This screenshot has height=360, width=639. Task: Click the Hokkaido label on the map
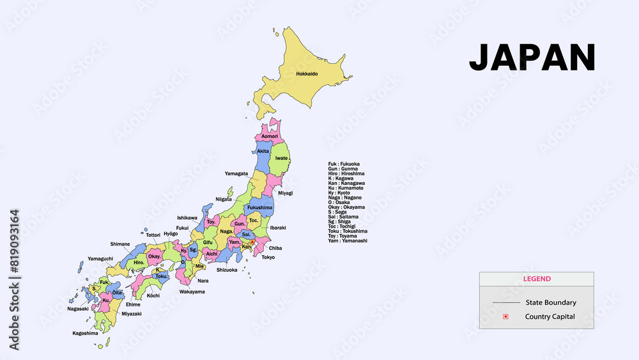pyautogui.click(x=307, y=74)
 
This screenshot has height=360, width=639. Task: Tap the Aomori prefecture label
pyautogui.click(x=270, y=136)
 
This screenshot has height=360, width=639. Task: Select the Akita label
pyautogui.click(x=263, y=152)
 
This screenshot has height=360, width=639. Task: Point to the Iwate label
pyautogui.click(x=281, y=158)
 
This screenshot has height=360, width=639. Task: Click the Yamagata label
pyautogui.click(x=236, y=173)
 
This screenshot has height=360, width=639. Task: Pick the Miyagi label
pyautogui.click(x=285, y=192)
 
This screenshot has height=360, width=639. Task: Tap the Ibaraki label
pyautogui.click(x=278, y=228)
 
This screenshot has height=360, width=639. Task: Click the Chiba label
pyautogui.click(x=275, y=248)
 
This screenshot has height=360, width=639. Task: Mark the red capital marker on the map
pyautogui.click(x=252, y=242)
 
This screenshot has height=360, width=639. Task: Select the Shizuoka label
pyautogui.click(x=227, y=270)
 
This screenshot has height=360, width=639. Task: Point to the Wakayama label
pyautogui.click(x=192, y=292)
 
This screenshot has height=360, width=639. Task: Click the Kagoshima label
pyautogui.click(x=85, y=333)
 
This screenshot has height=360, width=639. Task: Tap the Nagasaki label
pyautogui.click(x=78, y=309)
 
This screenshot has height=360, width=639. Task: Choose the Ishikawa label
pyautogui.click(x=187, y=217)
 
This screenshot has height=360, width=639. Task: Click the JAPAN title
pyautogui.click(x=532, y=58)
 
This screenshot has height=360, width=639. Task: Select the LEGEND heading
pyautogui.click(x=537, y=279)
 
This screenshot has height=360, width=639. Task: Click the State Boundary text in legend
pyautogui.click(x=551, y=302)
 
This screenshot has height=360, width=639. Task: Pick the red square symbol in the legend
pyautogui.click(x=505, y=317)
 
